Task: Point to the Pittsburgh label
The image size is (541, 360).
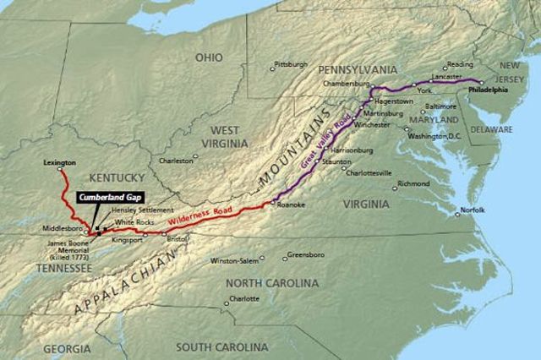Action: [x=292, y=63]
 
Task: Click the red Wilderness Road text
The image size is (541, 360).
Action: [x=199, y=215]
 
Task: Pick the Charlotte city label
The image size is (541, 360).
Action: [x=243, y=298]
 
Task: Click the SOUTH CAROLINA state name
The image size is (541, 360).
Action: [x=221, y=346]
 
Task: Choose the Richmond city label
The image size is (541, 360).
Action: [x=413, y=183]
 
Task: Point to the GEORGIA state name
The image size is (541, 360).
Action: [x=67, y=348]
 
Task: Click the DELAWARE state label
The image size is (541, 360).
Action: [x=492, y=130]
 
